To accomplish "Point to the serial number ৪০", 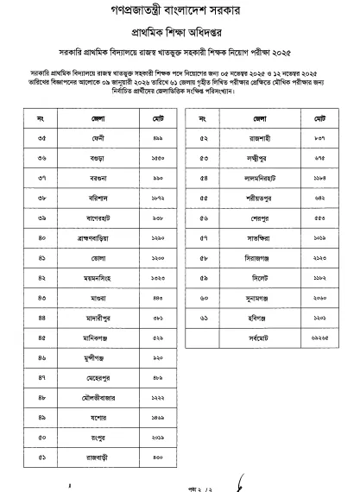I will click(41, 236).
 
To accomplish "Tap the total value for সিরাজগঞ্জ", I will click(296, 257).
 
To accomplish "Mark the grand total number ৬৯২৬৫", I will click(296, 337).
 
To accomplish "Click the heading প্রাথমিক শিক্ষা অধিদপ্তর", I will click(180, 30).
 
